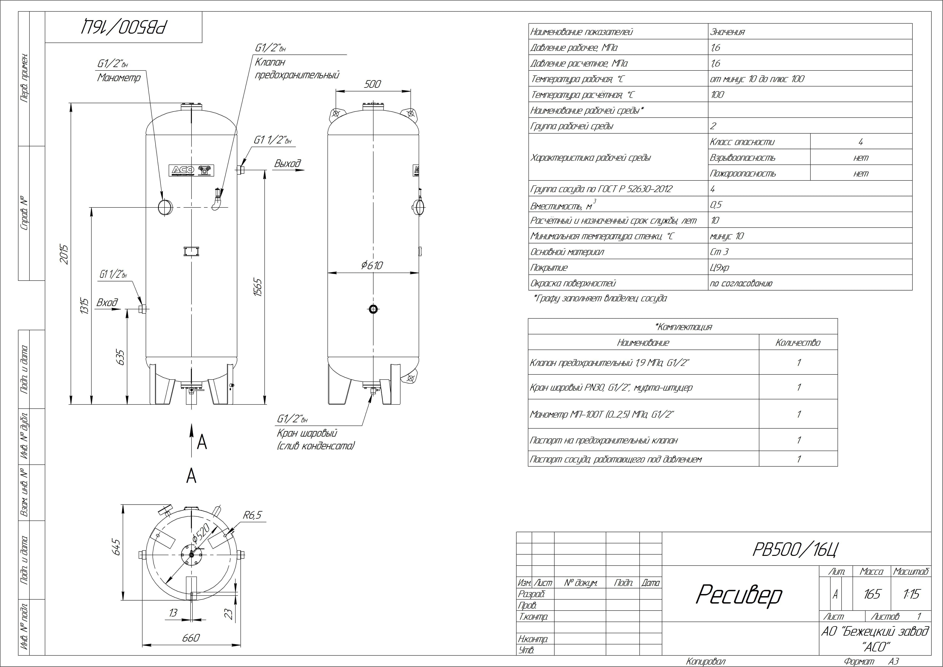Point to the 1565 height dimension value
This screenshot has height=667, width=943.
coord(258,287)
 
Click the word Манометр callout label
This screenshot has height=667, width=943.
coord(119,78)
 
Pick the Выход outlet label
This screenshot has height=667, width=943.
coord(287,163)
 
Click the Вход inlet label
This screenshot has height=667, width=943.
coord(107,303)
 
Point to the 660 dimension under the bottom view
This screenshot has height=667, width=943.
coord(191,637)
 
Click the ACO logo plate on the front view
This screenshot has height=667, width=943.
coord(191,170)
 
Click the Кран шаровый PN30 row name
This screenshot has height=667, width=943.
coord(611,387)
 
